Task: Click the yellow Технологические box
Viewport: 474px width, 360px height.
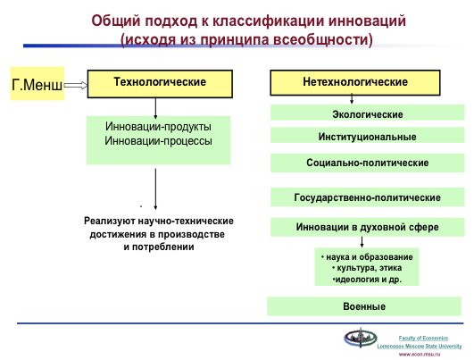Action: (160, 84)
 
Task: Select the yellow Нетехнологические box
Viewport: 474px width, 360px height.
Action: (355, 82)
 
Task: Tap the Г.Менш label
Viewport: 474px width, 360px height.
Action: (37, 84)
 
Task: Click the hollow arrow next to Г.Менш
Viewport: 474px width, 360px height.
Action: (76, 86)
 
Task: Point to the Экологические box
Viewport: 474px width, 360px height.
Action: (367, 113)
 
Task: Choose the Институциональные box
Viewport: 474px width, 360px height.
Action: (367, 135)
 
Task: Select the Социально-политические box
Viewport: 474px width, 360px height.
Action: (367, 163)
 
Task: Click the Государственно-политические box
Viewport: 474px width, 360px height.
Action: (367, 197)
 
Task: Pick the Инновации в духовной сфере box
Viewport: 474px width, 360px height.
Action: (367, 227)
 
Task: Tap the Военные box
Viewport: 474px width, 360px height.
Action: (364, 306)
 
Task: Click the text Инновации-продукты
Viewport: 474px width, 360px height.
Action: (158, 127)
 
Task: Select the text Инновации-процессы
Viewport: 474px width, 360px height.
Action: (158, 141)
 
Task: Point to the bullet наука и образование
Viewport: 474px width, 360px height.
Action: (367, 257)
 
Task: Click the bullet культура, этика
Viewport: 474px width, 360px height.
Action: (367, 268)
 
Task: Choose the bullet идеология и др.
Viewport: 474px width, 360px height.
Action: (367, 280)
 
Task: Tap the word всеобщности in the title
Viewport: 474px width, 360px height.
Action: (320, 39)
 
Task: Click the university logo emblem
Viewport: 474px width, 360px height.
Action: (361, 338)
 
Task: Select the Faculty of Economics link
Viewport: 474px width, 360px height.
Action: (423, 338)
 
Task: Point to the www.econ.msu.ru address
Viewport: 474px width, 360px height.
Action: (420, 355)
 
